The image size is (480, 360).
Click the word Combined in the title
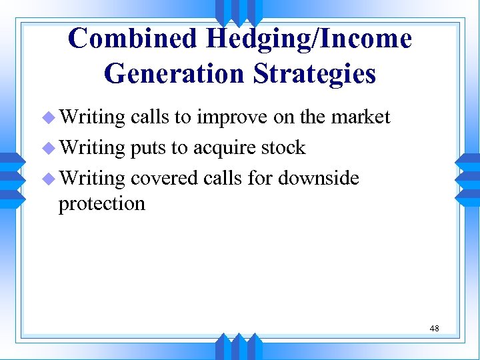[133, 39]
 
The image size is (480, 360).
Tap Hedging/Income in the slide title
[309, 39]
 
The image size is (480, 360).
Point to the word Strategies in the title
[315, 73]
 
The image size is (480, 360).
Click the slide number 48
[434, 328]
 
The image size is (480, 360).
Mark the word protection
[101, 203]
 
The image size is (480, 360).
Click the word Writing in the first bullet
[92, 118]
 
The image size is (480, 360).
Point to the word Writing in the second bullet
[92, 148]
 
